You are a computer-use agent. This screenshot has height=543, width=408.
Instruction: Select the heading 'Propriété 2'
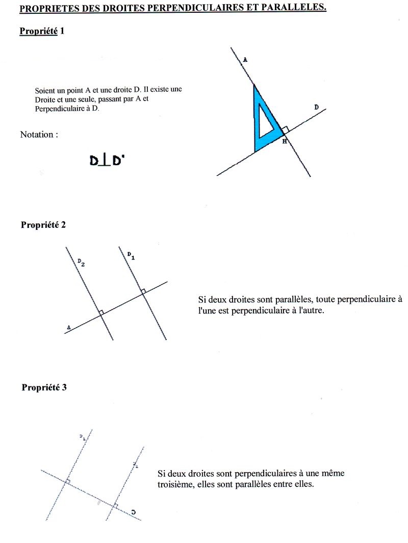click(43, 225)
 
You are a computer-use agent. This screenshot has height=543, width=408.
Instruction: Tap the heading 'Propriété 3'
click(44, 387)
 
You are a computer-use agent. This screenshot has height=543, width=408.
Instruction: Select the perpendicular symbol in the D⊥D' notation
click(106, 161)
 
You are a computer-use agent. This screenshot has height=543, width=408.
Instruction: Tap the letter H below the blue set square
click(285, 141)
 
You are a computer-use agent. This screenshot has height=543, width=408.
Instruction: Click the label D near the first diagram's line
click(316, 107)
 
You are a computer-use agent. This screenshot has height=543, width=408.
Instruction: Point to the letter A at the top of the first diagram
click(245, 60)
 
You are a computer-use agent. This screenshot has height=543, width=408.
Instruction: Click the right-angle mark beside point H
click(285, 130)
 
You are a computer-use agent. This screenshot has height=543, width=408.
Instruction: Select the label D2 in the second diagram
click(81, 262)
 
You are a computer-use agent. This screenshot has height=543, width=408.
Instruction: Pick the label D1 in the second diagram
click(131, 255)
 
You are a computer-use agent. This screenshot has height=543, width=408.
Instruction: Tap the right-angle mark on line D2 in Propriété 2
click(101, 312)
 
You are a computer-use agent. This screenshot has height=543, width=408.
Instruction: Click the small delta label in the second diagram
click(68, 327)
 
